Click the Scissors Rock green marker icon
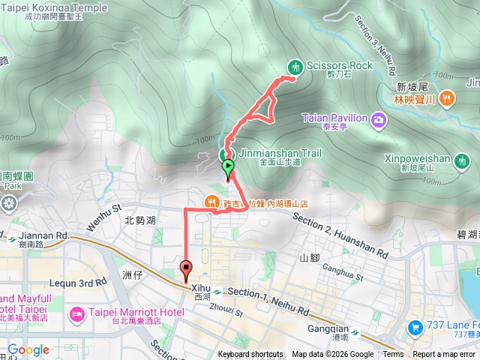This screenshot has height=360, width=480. point(295,67)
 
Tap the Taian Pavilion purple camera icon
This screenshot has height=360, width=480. point(379,118)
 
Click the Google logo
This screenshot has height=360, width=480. point(28,349)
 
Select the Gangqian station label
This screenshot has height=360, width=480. point(328,328)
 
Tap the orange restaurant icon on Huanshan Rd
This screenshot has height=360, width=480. point(213,202)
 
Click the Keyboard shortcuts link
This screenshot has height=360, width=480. point(251,355)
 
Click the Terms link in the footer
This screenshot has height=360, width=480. point(393,355)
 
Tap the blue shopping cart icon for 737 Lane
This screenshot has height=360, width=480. point(415,328)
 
